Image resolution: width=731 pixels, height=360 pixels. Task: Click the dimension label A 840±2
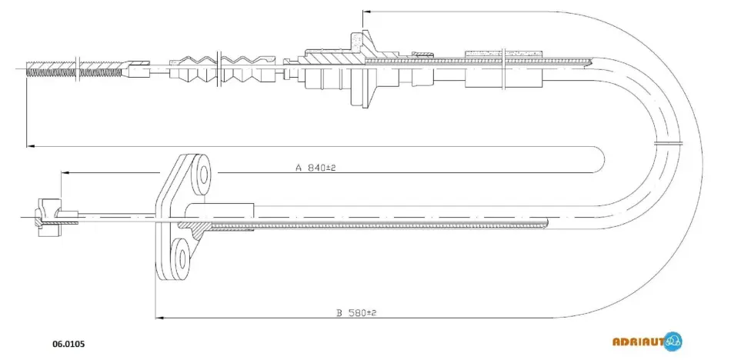pyautogui.click(x=315, y=168)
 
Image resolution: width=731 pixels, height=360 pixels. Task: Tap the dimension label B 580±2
pyautogui.click(x=356, y=312)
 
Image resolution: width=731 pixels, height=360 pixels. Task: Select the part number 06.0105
pyautogui.click(x=68, y=345)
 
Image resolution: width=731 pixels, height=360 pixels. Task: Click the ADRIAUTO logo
pyautogui.click(x=647, y=342)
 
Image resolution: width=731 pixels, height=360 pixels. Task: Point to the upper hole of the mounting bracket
pyautogui.click(x=204, y=174)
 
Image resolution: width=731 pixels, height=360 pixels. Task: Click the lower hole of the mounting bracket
pyautogui.click(x=182, y=258)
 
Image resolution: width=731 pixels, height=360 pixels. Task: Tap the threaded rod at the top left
pyautogui.click(x=75, y=68)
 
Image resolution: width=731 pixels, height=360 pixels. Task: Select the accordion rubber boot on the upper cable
pyautogui.click(x=222, y=69)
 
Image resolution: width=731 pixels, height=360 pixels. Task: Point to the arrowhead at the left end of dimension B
pyautogui.click(x=159, y=318)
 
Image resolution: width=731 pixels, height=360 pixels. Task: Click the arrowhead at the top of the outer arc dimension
pyautogui.click(x=366, y=12)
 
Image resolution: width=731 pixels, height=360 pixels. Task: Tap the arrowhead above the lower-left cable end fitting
pyautogui.click(x=65, y=172)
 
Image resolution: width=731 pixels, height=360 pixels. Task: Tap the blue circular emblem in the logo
pyautogui.click(x=673, y=342)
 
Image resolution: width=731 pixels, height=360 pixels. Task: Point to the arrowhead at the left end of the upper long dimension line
pyautogui.click(x=31, y=146)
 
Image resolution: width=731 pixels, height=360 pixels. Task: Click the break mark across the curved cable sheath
pyautogui.click(x=668, y=143)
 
